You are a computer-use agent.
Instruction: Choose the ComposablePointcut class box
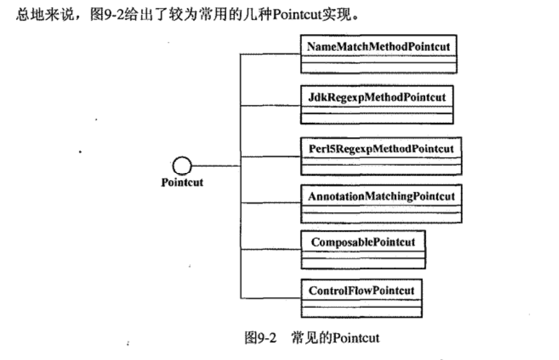(x=363, y=250)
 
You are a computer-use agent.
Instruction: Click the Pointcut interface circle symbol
(x=182, y=167)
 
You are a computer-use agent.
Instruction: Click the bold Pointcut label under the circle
(x=182, y=183)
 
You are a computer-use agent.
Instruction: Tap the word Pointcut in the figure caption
(x=356, y=338)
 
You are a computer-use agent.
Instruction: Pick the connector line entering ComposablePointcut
(x=269, y=250)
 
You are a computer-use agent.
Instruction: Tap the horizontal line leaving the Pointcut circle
(x=215, y=167)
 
